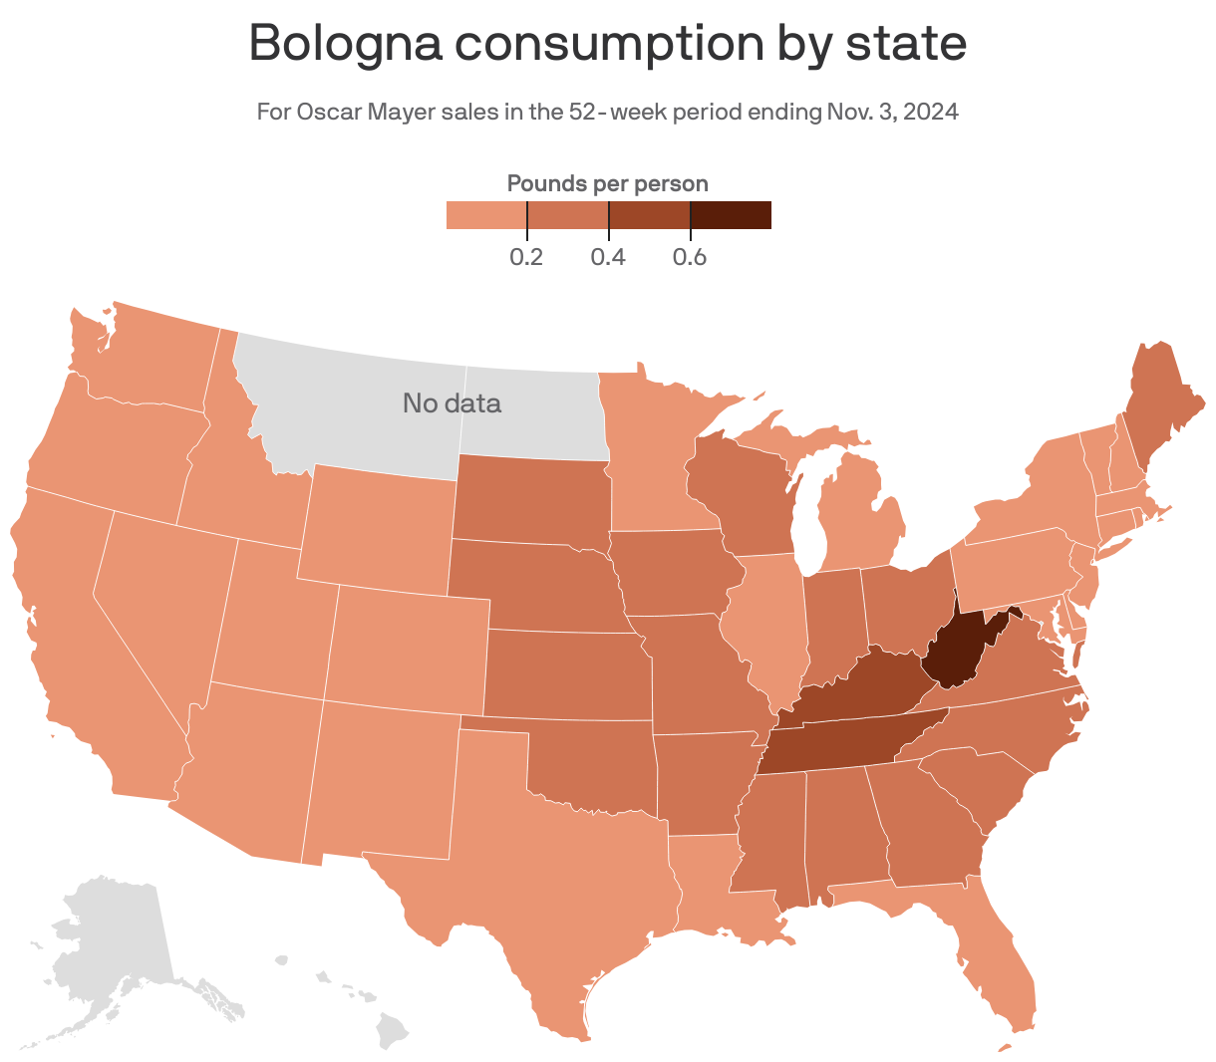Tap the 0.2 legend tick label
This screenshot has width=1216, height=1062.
tap(526, 258)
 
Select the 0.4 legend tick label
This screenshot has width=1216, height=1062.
tap(608, 258)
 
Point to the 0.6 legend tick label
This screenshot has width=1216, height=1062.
tap(690, 258)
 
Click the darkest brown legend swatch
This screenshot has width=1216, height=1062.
tap(731, 215)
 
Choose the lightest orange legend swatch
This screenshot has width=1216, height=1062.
tap(486, 215)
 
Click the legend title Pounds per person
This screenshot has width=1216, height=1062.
tap(608, 183)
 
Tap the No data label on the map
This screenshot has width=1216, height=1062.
tap(452, 403)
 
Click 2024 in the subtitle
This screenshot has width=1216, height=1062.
tap(932, 112)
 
